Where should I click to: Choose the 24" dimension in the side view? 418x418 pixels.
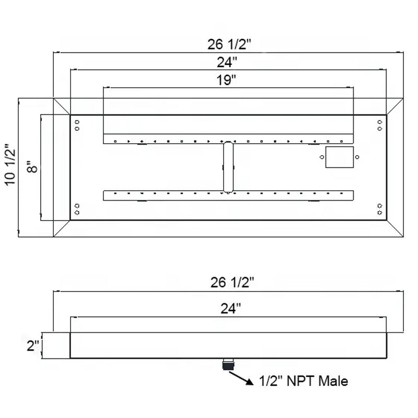228,309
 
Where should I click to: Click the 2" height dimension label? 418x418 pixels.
33,345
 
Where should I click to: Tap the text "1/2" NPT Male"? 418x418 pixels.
303,381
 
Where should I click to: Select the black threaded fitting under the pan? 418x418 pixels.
229,364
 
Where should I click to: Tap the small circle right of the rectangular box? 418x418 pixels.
358,156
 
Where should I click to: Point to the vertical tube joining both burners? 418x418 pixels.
229,167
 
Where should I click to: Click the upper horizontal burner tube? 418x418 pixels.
229,139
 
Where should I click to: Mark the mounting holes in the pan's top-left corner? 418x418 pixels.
77,125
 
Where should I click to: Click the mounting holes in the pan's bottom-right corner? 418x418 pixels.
379,209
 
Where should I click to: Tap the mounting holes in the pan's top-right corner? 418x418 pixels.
379,125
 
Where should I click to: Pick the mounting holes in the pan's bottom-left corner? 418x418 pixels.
77,209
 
